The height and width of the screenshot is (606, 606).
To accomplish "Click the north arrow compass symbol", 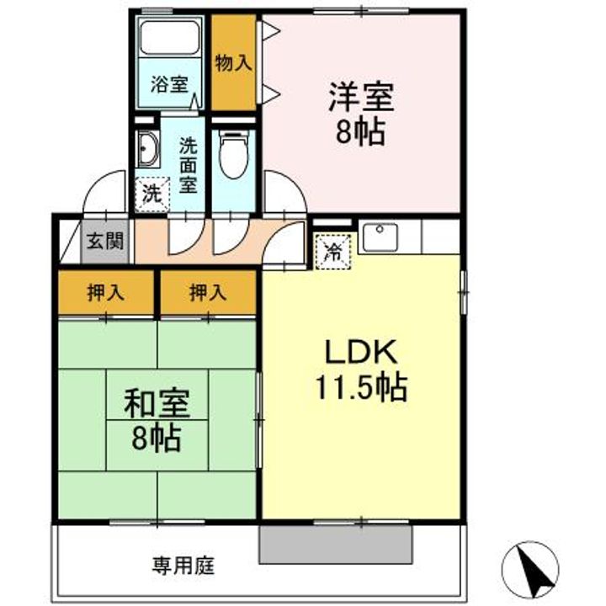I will pyautogui.click(x=537, y=569).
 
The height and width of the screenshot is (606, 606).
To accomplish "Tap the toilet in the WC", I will pyautogui.click(x=231, y=155).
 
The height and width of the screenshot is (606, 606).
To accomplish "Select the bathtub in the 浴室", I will pyautogui.click(x=169, y=38).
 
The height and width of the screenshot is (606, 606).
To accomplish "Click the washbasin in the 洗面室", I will pyautogui.click(x=149, y=151).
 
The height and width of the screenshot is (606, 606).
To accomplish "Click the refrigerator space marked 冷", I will pyautogui.click(x=332, y=250).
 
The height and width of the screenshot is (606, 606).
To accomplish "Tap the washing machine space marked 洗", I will pyautogui.click(x=151, y=194).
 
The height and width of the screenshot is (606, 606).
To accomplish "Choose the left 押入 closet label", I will pyautogui.click(x=106, y=293).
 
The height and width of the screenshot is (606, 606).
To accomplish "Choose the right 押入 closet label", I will pyautogui.click(x=207, y=293).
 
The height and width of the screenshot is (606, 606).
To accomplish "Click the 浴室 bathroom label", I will pyautogui.click(x=169, y=84).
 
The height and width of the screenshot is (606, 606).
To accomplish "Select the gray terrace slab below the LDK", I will pyautogui.click(x=336, y=544).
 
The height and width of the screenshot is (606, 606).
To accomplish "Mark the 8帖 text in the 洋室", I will pyautogui.click(x=361, y=133).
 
